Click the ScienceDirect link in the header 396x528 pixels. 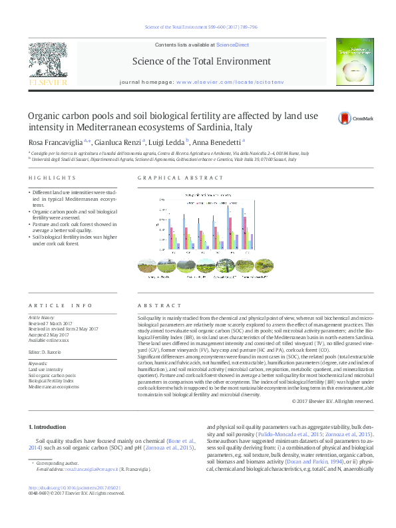tap(233, 45)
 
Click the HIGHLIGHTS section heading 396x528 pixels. tap(52, 178)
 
